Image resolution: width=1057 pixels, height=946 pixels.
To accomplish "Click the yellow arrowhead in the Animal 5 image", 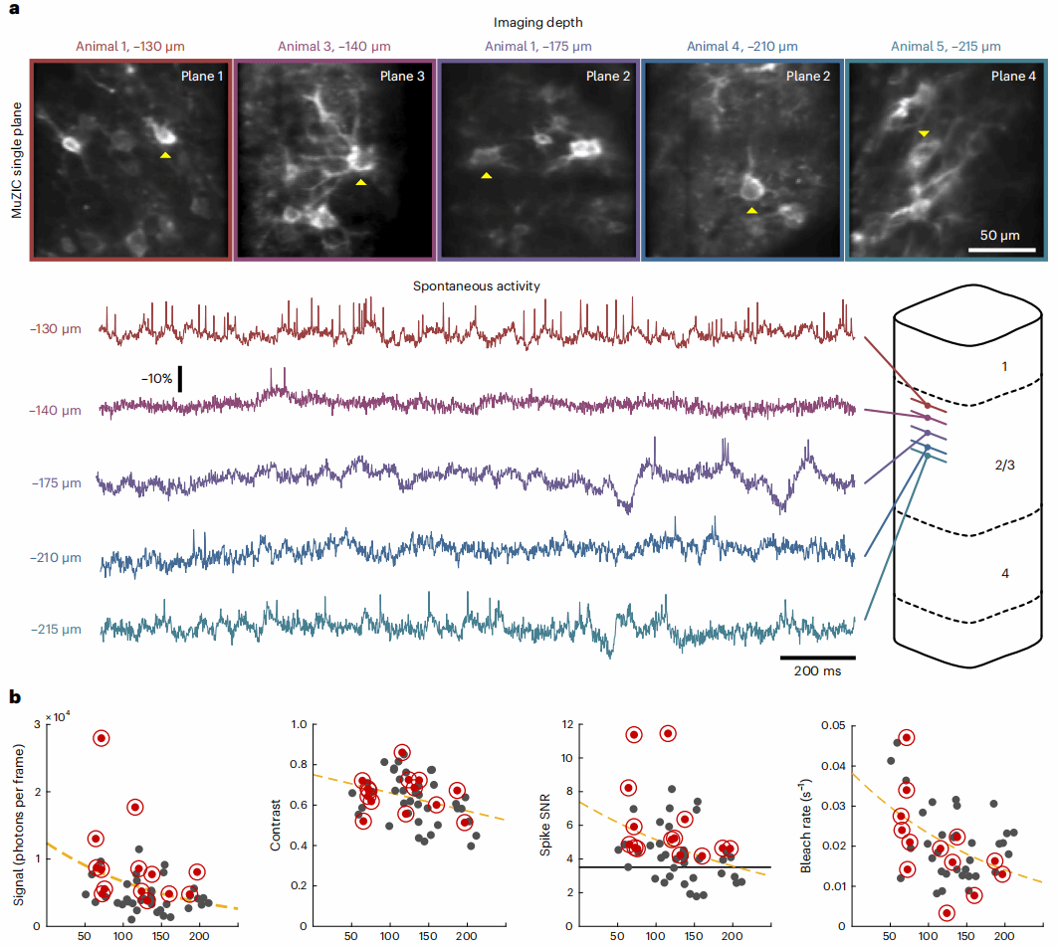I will [925, 133].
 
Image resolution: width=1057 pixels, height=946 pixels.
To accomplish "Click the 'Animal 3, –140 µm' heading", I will [335, 46].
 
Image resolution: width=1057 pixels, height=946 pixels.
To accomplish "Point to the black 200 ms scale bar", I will [817, 658].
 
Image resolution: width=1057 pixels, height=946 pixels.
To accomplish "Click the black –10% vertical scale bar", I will [180, 378].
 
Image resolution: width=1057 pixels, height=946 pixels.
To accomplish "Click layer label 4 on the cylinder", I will [1005, 574].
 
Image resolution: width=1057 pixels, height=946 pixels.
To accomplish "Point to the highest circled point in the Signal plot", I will [102, 738].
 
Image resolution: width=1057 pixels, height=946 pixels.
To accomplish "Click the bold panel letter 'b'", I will [14, 698].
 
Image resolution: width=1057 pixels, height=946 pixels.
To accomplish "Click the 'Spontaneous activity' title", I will [477, 285].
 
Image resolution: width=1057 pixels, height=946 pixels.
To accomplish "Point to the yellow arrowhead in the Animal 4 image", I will [752, 211].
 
